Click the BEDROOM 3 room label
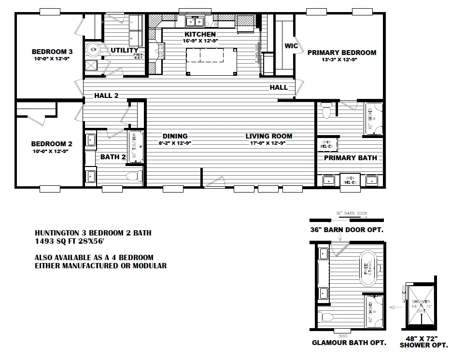click(52, 52)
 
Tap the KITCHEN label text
click(200, 35)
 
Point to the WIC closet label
click(291, 46)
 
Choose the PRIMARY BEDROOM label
click(341, 53)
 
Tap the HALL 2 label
click(106, 96)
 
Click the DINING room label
click(175, 136)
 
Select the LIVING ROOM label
click(268, 136)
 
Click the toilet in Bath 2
click(132, 177)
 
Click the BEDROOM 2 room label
click(52, 144)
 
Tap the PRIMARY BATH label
click(350, 158)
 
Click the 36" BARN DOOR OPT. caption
click(347, 230)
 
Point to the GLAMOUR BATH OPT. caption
click(349, 343)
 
